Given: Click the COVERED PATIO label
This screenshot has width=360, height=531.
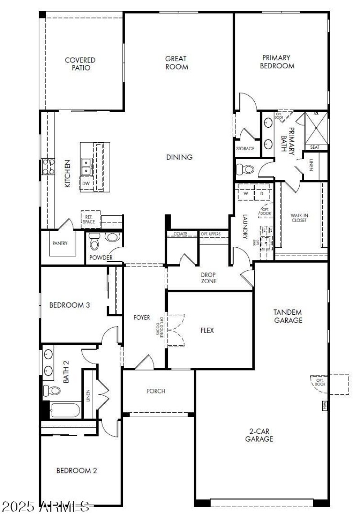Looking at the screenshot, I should point(80,64).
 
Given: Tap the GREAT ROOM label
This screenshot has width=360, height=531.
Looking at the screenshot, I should point(176,62).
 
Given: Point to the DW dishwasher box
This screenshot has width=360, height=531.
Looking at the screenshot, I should point(85,183).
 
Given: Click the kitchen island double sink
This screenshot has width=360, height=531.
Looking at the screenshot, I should point(87,167).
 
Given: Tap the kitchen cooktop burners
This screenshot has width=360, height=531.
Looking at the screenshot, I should point(48,166).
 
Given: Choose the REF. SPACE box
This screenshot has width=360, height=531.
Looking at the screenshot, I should point(89,219).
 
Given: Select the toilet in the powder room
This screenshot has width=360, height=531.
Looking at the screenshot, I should point(94,242).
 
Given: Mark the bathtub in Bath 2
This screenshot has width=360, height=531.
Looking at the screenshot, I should point(65,411).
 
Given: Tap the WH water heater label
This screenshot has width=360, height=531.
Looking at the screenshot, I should point(324,406).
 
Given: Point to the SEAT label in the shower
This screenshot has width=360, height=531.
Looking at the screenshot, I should point(315,147).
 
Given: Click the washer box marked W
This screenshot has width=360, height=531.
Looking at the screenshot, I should point(246,193).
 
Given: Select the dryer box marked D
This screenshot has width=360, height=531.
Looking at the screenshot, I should point(261,193).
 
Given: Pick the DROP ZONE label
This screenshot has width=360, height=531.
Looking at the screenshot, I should point(209,278).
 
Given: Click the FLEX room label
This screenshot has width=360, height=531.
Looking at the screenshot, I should point(207,330).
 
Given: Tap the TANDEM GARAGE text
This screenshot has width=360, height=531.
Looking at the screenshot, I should point(288,316).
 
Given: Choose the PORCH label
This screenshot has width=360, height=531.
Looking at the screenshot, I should point(156,391).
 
